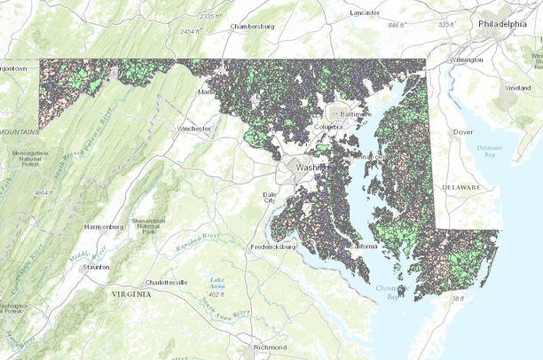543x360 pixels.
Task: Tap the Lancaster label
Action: tap(364, 13)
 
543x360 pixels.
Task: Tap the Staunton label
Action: tap(95, 267)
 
